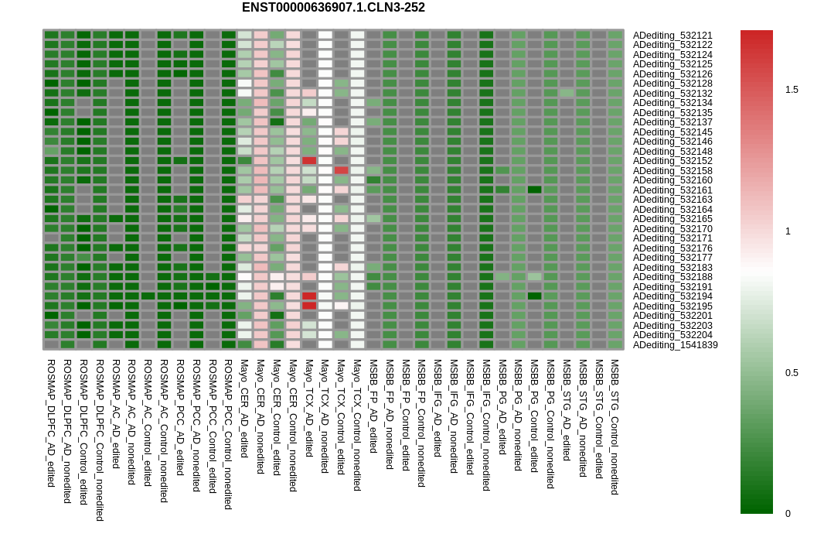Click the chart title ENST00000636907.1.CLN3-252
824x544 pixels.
click(333, 8)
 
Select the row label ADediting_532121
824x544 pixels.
click(672, 36)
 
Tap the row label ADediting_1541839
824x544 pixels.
click(675, 345)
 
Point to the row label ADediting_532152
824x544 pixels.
click(672, 161)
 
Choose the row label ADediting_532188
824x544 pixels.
click(672, 277)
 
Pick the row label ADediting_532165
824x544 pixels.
click(672, 219)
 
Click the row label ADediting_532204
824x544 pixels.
click(672, 335)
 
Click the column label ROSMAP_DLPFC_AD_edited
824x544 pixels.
click(51, 423)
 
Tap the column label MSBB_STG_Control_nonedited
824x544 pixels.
click(615, 426)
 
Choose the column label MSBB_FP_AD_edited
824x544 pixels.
click(373, 405)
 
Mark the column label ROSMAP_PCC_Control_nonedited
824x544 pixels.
click(228, 433)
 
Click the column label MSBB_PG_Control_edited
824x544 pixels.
click(534, 415)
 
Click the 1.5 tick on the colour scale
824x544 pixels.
click(792, 90)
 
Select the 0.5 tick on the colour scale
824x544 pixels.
click(792, 373)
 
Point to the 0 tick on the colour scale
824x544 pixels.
click(788, 514)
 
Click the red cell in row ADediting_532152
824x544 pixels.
click(309, 161)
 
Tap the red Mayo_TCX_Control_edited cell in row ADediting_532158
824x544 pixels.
click(341, 170)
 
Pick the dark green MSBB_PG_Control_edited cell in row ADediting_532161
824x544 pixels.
click(534, 190)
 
